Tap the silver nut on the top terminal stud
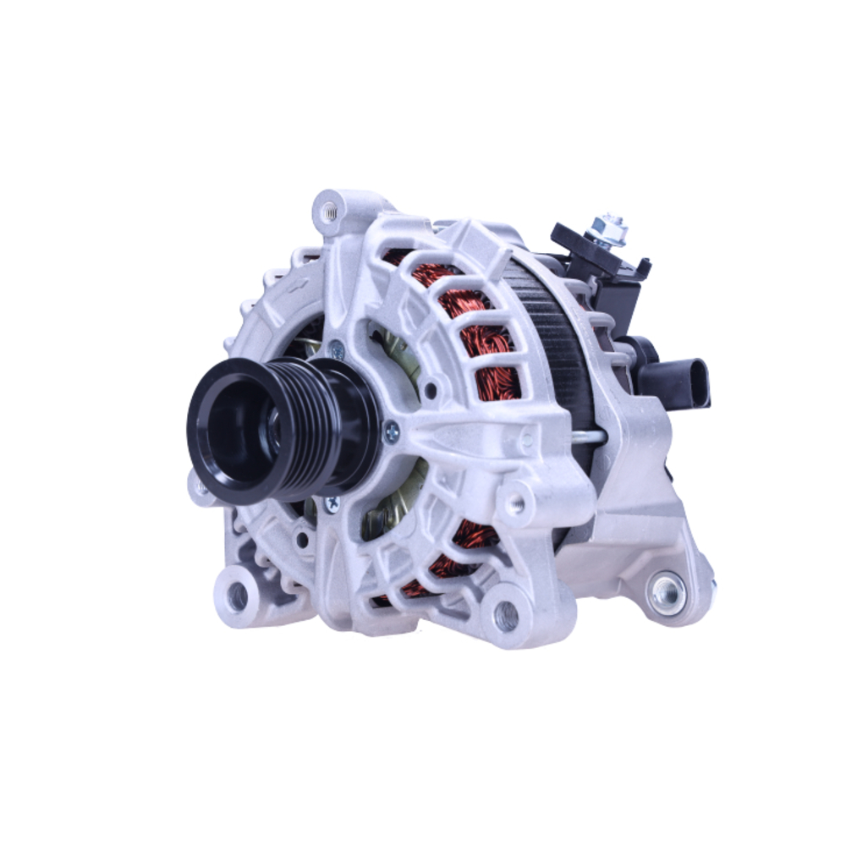608,227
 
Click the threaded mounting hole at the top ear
329,210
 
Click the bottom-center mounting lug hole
505,616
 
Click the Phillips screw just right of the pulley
392,434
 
